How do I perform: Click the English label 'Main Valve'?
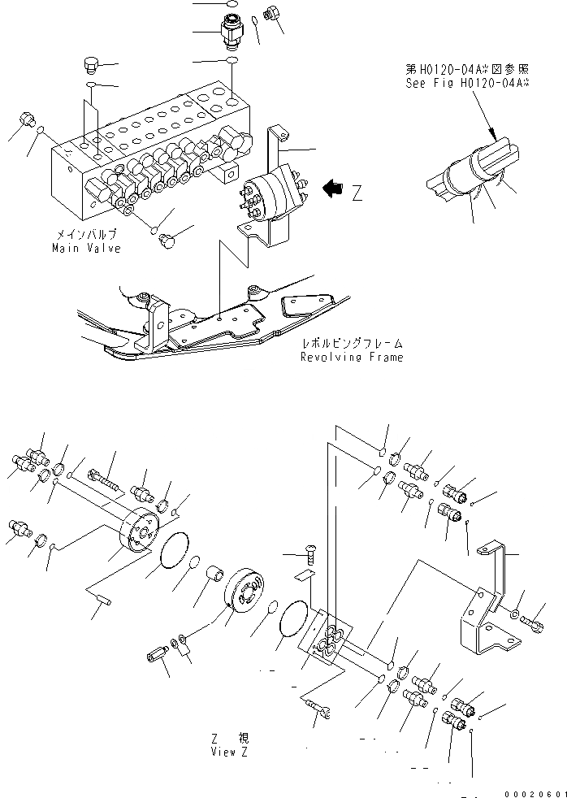(87, 248)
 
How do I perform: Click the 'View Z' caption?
(229, 752)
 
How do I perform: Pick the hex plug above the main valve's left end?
(92, 64)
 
